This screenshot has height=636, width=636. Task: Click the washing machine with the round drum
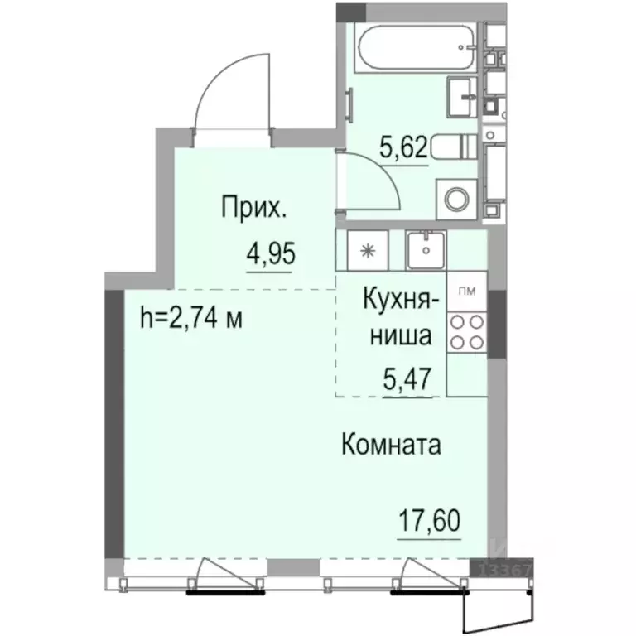457,199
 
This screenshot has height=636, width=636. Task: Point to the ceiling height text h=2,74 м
192,318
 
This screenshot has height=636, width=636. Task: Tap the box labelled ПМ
467,290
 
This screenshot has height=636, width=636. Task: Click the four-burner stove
466,332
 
